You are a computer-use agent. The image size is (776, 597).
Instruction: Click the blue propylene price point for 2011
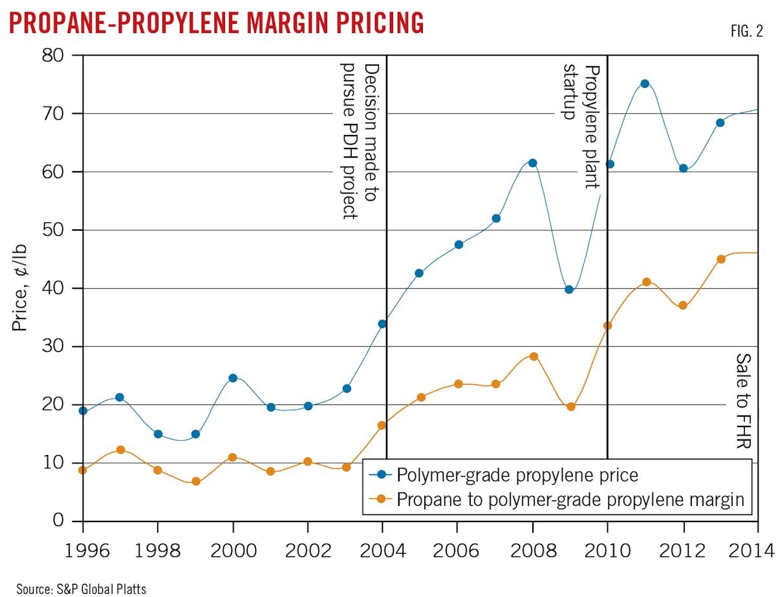coord(645,84)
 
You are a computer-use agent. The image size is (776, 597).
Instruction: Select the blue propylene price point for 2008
coord(533,163)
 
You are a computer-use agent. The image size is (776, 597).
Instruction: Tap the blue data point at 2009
coord(569,289)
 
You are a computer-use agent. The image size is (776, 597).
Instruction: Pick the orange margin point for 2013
coord(720,259)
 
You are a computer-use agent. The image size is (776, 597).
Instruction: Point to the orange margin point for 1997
coord(120,450)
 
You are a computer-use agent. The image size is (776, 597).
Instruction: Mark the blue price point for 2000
coord(233,378)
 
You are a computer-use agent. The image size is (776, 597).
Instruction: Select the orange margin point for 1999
coord(196,481)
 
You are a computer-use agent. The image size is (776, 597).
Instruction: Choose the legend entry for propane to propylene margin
coord(556,499)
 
